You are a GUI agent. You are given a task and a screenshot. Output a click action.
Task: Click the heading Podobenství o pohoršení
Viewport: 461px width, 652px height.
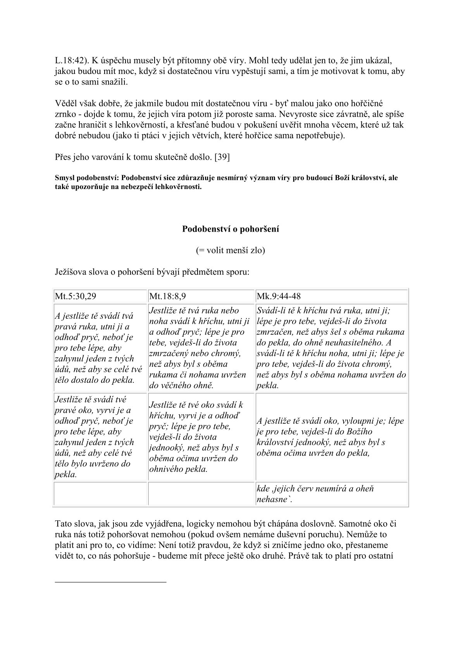pos(230,229)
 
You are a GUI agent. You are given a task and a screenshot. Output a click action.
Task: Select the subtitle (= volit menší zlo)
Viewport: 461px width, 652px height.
pos(230,250)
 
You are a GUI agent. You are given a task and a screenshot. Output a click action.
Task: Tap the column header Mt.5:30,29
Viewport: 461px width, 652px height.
pos(76,296)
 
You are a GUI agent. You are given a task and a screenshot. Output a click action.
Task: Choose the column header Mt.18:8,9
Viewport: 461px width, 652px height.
pos(168,296)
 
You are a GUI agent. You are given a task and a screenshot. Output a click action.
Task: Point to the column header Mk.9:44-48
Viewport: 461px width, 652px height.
pos(279,296)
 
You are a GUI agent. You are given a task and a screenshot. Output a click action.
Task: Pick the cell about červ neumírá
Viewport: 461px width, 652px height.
pos(332,494)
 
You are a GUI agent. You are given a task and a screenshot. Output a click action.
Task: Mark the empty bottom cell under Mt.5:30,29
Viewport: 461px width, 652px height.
pos(100,494)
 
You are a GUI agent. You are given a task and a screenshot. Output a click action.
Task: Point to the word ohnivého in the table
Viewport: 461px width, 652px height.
pos(165,469)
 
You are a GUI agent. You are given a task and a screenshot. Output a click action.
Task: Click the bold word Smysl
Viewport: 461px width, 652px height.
pos(65,178)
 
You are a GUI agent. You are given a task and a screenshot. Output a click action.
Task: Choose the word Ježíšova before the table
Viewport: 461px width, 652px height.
pos(72,272)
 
